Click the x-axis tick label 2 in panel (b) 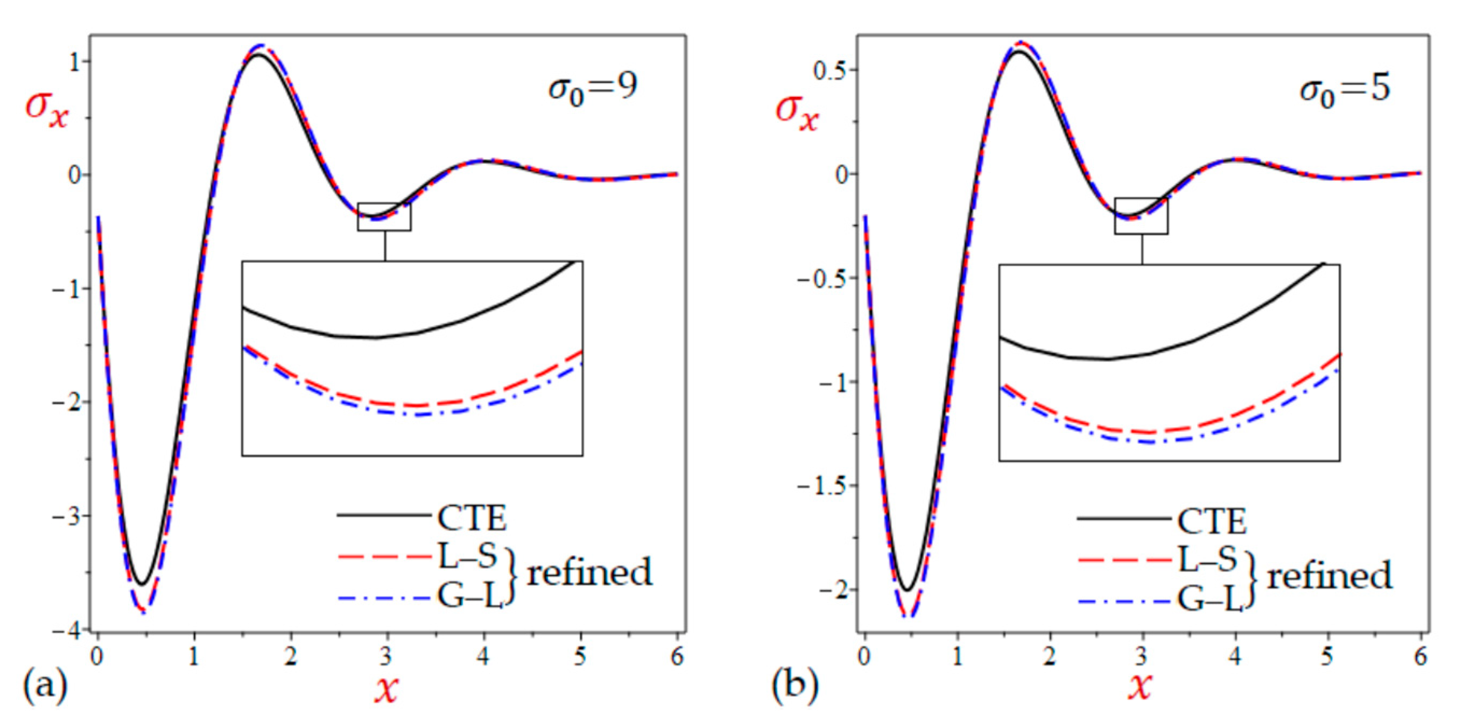coord(1050,657)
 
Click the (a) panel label coord(45,686)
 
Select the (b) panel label coord(794,686)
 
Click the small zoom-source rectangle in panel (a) coord(384,217)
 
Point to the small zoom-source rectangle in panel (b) coord(1141,215)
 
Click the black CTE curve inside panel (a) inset coord(376,337)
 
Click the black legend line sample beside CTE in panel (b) coord(1123,519)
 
